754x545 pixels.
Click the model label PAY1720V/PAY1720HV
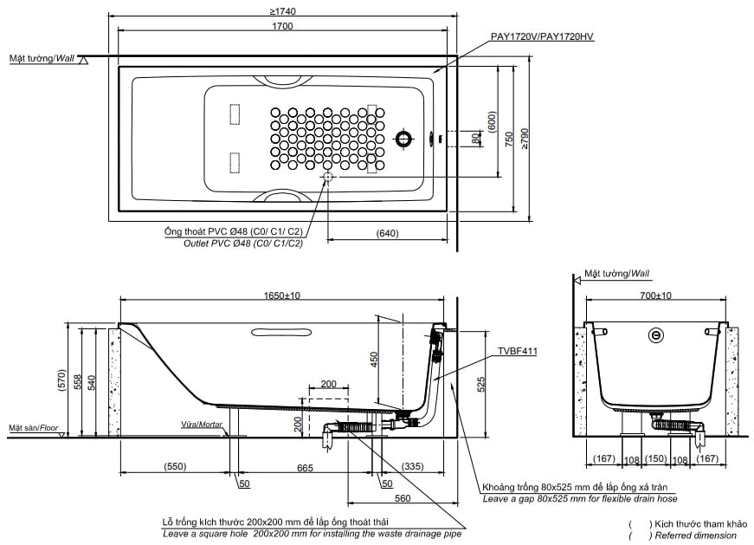tap(541, 36)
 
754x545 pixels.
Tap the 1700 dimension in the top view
tap(282, 26)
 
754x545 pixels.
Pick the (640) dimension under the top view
tap(388, 233)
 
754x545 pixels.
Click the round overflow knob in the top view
tap(403, 138)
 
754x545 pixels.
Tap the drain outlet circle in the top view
tap(328, 178)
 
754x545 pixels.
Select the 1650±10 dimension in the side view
tap(282, 295)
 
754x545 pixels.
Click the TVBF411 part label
tap(517, 352)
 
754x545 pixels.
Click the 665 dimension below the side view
tap(305, 467)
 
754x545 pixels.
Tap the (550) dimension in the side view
tap(174, 467)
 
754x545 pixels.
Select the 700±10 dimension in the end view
tap(655, 295)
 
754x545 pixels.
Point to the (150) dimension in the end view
tap(656, 458)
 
